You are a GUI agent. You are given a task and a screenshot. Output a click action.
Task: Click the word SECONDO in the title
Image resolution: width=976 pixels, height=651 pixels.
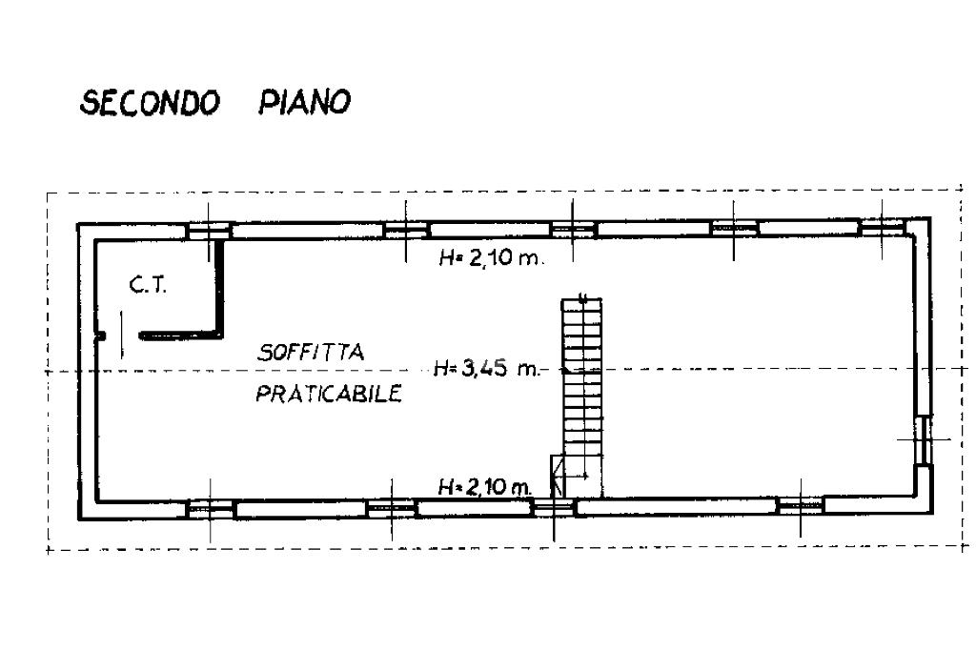click(150, 102)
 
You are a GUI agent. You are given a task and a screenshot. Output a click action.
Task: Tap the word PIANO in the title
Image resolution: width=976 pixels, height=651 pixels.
click(304, 102)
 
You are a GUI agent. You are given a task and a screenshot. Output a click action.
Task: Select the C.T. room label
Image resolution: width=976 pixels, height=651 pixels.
click(148, 284)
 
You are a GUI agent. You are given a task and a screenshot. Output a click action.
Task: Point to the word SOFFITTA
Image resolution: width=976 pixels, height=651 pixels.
click(310, 352)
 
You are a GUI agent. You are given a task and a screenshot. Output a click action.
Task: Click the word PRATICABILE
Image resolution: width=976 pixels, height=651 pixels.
click(328, 393)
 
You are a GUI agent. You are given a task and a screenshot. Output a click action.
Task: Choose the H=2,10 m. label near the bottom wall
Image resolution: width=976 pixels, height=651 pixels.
click(483, 486)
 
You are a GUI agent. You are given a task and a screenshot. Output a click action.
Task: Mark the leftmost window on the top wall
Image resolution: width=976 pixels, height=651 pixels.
click(209, 230)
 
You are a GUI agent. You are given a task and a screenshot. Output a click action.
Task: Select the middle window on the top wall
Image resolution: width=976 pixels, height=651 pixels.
click(574, 229)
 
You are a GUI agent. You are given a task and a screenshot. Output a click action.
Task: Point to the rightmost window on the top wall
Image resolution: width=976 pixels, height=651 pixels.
click(883, 228)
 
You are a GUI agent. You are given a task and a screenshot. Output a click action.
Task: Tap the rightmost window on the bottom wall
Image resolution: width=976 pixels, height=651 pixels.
click(799, 506)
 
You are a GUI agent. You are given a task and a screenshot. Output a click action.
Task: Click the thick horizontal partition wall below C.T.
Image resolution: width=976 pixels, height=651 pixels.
click(179, 336)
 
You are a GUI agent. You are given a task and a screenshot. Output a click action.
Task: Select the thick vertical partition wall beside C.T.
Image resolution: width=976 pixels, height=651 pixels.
click(220, 286)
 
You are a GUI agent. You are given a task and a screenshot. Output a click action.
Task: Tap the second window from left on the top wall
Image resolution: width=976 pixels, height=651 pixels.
click(406, 230)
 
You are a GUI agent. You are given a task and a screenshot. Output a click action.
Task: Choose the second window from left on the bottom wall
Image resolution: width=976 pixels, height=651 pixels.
click(391, 509)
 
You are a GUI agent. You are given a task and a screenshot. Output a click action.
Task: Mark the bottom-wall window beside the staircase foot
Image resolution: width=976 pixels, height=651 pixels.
click(553, 508)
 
